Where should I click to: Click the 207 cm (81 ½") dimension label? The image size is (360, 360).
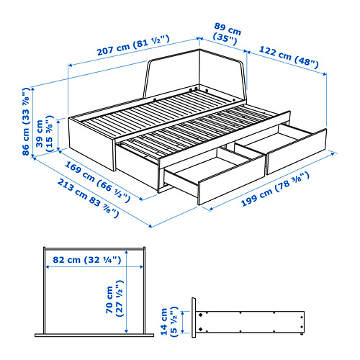(133, 45)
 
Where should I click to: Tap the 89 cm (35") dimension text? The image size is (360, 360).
(227, 34)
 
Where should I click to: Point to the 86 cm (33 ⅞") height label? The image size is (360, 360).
(26, 122)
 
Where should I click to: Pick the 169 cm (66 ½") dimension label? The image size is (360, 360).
(98, 181)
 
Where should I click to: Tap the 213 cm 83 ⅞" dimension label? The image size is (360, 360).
(88, 199)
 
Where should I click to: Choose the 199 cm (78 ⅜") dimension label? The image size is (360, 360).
(275, 189)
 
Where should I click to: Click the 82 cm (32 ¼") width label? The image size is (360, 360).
(87, 260)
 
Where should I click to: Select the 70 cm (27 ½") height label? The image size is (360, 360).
(114, 298)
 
